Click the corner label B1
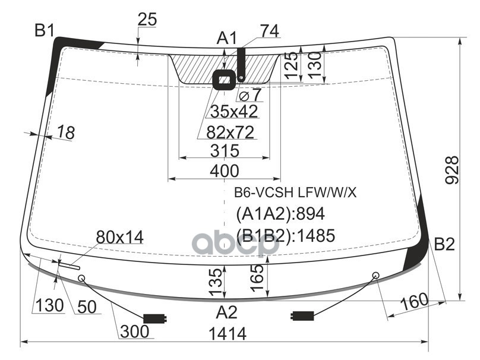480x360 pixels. click(44, 30)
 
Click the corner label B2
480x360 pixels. click(444, 244)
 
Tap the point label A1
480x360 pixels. click(226, 39)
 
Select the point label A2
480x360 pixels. click(226, 312)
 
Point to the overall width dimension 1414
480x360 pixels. click(226, 334)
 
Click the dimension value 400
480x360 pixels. click(224, 171)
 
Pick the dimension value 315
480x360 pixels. click(224, 151)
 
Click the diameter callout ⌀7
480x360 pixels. click(250, 95)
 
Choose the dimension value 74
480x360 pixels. click(269, 30)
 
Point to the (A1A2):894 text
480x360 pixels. click(280, 214)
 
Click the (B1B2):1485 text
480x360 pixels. click(286, 236)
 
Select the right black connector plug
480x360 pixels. click(302, 315)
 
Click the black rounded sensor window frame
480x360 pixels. click(225, 79)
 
